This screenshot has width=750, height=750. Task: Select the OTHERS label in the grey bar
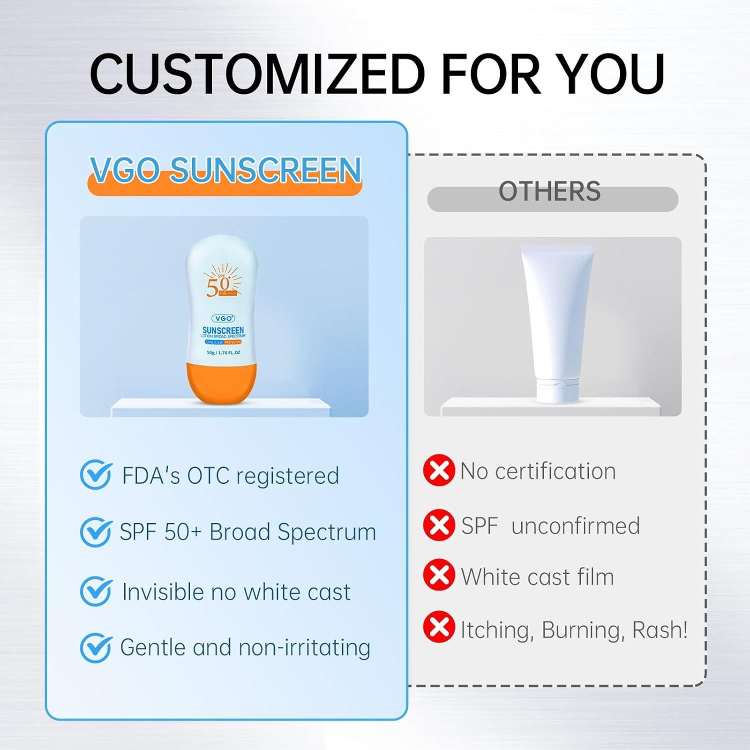tap(549, 192)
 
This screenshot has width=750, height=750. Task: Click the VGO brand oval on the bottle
tap(223, 318)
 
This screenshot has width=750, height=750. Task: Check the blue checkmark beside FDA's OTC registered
tap(95, 475)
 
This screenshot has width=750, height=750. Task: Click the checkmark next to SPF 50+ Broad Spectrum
tap(95, 531)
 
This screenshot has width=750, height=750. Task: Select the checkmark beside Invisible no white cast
tap(95, 591)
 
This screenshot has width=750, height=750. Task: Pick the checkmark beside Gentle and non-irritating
tap(95, 647)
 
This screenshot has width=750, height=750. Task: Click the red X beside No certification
tap(439, 470)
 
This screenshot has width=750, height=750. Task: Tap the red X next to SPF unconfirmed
tap(439, 525)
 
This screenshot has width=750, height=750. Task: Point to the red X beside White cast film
tap(439, 575)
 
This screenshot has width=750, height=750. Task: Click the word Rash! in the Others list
tap(660, 630)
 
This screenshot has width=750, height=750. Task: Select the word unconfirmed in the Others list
tap(575, 526)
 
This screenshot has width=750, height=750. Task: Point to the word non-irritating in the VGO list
tap(304, 648)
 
